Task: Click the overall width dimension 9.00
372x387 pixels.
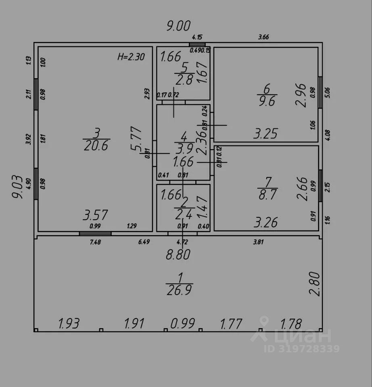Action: (178, 27)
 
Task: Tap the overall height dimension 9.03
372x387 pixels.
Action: (17, 186)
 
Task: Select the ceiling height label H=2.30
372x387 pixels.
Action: (131, 57)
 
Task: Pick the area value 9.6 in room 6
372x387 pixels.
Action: (266, 101)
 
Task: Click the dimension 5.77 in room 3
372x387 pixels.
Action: (136, 139)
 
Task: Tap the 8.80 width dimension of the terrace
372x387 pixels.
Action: (178, 255)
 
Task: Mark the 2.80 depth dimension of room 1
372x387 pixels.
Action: (316, 284)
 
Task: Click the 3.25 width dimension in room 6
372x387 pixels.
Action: (265, 133)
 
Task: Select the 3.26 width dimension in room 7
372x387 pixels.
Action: (265, 222)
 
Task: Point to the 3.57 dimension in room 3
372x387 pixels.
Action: (95, 215)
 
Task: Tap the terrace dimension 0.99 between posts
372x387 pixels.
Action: (183, 323)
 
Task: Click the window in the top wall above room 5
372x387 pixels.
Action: (197, 44)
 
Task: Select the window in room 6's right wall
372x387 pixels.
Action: (320, 92)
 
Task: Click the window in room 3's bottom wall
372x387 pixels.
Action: (95, 233)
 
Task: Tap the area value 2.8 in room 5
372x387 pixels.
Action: (184, 80)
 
